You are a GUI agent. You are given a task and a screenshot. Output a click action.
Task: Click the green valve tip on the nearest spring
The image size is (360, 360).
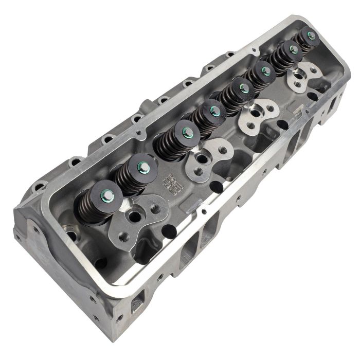(108, 194)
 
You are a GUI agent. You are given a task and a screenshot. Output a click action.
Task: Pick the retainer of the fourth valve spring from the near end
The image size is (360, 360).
(215, 111)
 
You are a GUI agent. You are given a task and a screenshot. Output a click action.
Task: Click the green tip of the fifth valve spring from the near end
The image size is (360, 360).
(244, 88)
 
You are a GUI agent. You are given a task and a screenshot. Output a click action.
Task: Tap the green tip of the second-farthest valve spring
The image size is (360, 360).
(293, 49)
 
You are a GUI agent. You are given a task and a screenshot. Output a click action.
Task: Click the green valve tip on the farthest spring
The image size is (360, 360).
(311, 35)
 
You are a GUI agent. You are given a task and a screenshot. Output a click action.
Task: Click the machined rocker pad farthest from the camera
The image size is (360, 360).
(303, 77)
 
